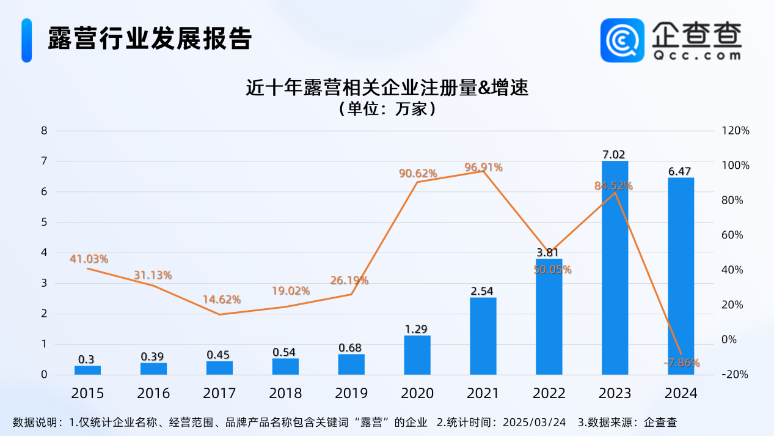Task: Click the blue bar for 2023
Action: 615,269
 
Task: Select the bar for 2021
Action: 483,336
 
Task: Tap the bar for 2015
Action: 87,370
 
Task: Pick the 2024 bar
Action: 681,275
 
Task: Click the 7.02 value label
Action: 613,155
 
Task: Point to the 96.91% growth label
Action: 483,168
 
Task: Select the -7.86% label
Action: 681,363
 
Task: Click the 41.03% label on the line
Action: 89,259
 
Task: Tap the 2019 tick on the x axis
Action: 351,393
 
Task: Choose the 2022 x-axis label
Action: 549,393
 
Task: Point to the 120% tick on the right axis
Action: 735,131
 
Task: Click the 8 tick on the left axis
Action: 44,131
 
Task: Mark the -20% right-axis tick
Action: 735,374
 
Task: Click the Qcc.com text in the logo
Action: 696,54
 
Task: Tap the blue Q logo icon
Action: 622,40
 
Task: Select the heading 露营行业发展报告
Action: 150,39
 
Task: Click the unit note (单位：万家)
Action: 387,109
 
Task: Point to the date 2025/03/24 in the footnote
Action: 535,423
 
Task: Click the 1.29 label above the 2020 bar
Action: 417,329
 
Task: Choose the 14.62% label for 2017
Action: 222,300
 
